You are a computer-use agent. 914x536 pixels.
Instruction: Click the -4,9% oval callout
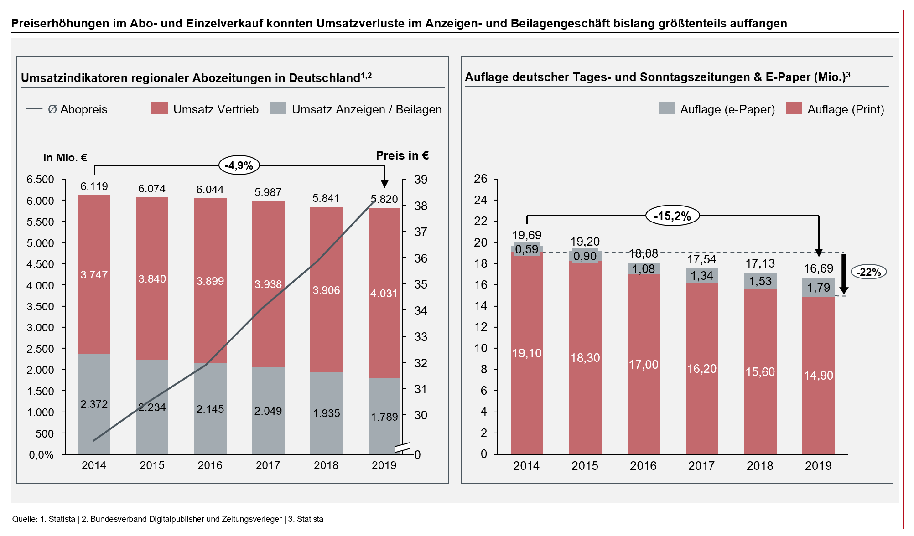point(239,165)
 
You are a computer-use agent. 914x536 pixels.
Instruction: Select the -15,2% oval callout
point(672,216)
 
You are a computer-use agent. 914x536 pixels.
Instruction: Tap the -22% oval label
point(868,272)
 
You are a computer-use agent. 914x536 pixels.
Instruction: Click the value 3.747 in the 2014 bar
point(94,275)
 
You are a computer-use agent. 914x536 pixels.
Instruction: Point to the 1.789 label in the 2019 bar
point(384,417)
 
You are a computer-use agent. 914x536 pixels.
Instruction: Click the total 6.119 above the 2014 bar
point(94,186)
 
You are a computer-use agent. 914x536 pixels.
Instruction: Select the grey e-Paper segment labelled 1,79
point(818,288)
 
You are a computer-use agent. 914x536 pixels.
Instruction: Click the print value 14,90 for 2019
point(818,376)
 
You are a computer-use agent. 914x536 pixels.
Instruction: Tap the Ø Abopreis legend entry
point(68,109)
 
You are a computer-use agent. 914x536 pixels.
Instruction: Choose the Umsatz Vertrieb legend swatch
point(159,108)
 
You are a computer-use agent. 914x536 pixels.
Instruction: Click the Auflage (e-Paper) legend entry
point(717,109)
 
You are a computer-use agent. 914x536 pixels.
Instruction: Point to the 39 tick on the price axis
point(421,180)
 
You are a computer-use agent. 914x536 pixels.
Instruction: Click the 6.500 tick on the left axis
point(40,180)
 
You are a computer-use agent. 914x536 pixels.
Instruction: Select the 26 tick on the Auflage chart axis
point(480,179)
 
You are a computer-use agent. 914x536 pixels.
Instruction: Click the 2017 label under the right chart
point(701,466)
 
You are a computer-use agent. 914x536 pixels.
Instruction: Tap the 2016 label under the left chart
point(210,465)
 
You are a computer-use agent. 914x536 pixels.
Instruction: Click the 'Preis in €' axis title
point(402,155)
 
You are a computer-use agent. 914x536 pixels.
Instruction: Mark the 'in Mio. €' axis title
point(65,158)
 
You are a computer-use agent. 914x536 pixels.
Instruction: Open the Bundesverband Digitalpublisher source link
point(186,519)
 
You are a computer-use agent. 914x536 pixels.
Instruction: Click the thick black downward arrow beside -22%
point(844,273)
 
